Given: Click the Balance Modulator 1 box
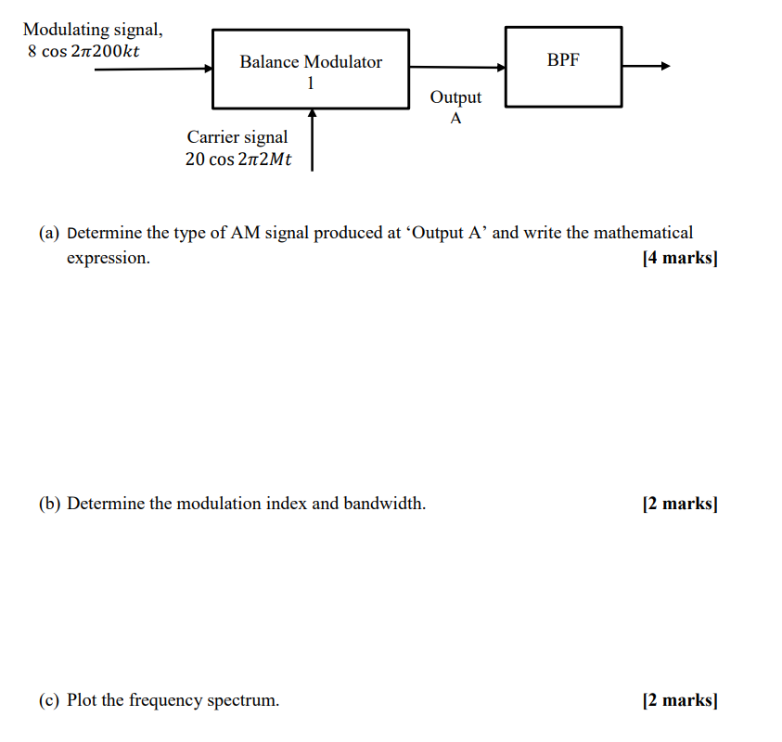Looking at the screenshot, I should [311, 70].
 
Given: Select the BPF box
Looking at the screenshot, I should [563, 66].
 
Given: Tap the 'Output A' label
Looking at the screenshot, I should [455, 108].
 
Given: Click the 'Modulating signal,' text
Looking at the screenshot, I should [93, 30].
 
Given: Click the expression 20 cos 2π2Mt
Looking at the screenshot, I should [238, 159].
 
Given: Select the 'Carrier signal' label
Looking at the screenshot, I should [237, 137].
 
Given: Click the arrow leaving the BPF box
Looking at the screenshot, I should [646, 66].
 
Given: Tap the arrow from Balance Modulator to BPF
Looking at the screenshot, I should [457, 67].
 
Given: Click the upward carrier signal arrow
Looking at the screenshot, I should [313, 139].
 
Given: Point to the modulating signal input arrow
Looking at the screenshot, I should [154, 68].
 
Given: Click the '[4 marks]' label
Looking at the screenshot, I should [679, 258].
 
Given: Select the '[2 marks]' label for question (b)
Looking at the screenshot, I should [679, 504].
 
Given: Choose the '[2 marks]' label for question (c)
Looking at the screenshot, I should [679, 700].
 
